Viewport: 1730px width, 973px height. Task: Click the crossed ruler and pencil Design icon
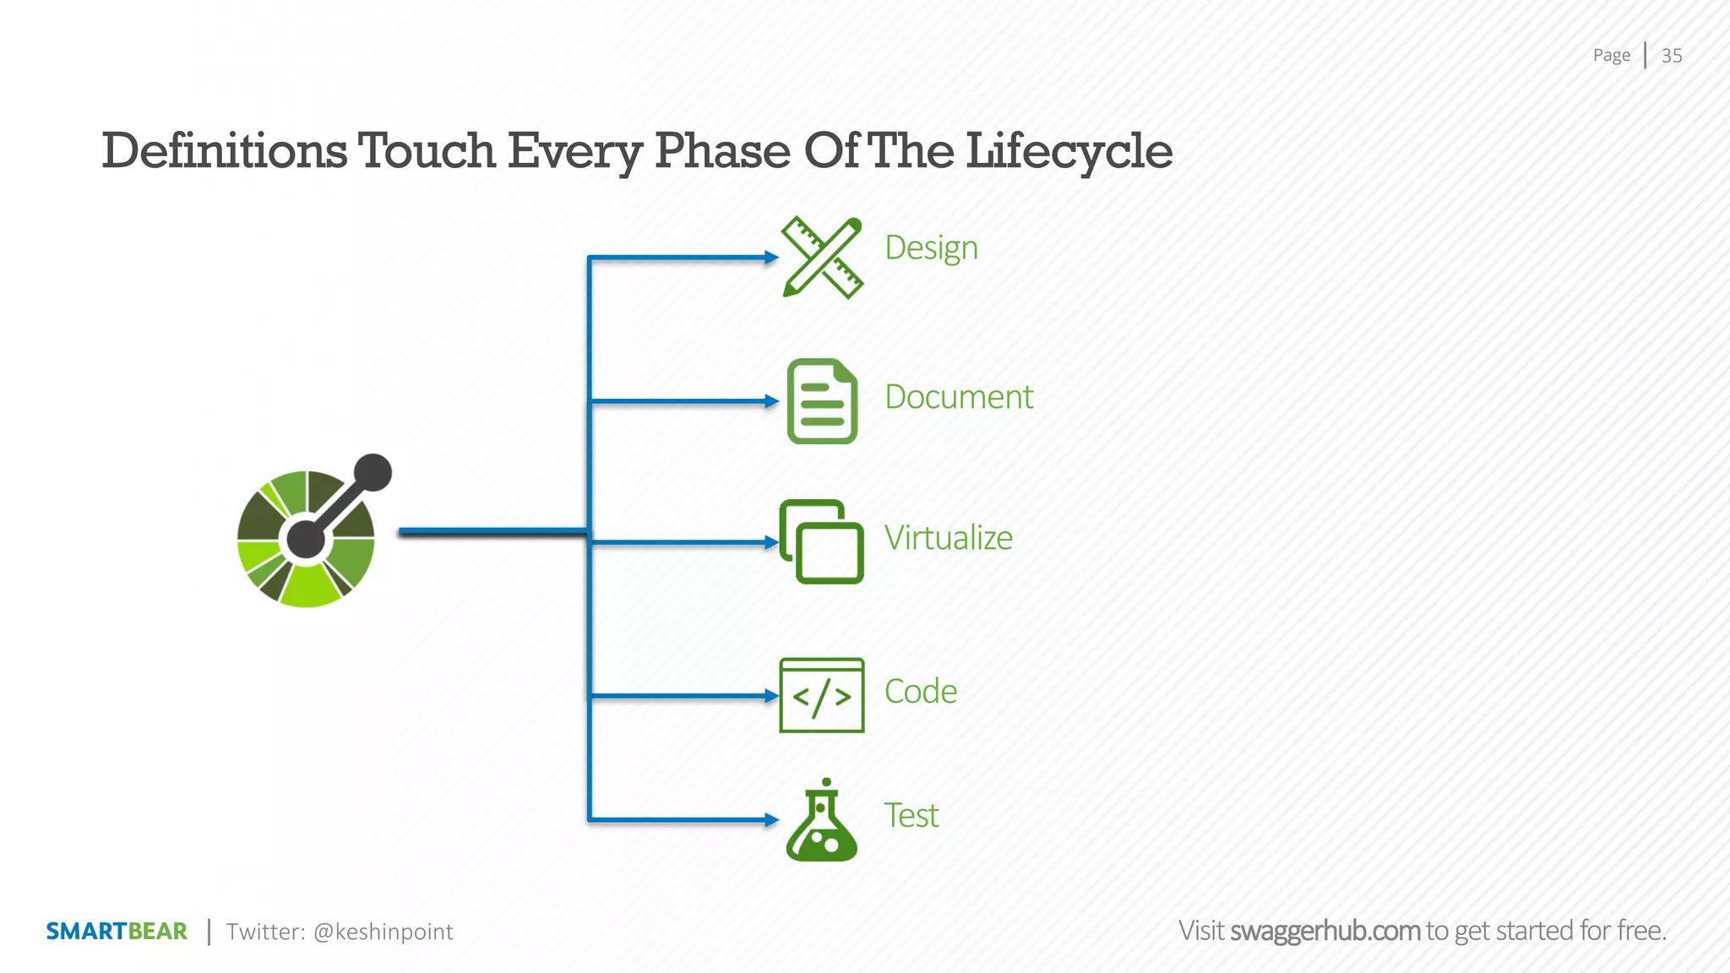(822, 258)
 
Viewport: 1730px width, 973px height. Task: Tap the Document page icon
(822, 401)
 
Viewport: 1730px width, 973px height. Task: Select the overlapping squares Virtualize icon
(821, 541)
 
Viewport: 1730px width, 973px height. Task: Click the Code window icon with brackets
(821, 695)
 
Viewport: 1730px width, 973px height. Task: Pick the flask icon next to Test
(821, 821)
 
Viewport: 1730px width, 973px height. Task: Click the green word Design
(931, 248)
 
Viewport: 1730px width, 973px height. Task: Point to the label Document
(959, 397)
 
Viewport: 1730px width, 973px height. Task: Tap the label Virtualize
(948, 538)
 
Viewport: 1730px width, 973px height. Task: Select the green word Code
(920, 692)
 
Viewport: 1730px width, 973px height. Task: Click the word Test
(911, 816)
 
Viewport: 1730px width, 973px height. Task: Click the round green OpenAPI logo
(307, 537)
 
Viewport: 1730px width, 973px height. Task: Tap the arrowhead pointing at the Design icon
(771, 258)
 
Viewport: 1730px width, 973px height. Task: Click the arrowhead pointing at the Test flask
(771, 819)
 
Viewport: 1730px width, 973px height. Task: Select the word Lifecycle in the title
(1069, 152)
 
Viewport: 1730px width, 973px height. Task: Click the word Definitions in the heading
(224, 152)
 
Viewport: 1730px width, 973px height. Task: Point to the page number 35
(1671, 56)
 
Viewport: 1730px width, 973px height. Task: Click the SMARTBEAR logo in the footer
(117, 932)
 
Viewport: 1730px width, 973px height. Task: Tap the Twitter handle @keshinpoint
(383, 932)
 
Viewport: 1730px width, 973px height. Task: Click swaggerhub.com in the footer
(1325, 931)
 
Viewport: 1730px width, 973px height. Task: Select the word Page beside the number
(1611, 56)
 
